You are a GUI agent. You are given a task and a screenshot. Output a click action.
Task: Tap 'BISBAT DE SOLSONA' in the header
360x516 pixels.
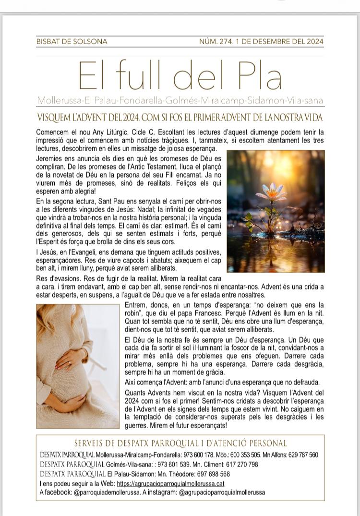(72, 42)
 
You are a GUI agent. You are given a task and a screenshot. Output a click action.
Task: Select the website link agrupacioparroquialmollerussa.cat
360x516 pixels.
(170, 483)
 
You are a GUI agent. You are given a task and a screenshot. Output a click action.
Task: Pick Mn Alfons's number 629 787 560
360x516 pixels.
(302, 455)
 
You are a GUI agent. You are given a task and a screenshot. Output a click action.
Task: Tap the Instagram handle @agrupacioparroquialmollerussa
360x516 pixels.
(222, 492)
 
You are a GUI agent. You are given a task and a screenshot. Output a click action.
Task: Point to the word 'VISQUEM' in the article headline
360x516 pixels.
(54, 118)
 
